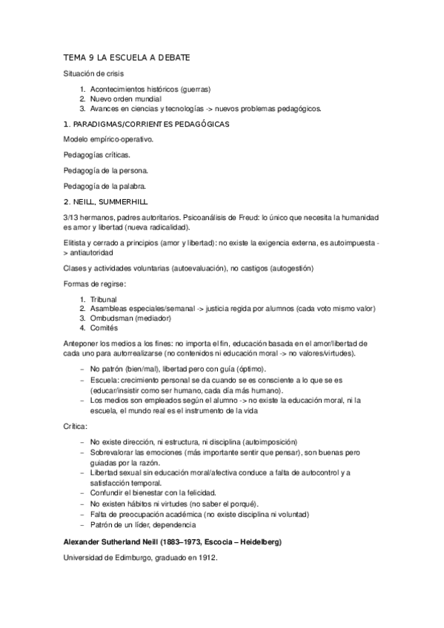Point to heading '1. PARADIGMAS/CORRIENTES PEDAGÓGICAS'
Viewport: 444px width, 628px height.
[147, 124]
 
